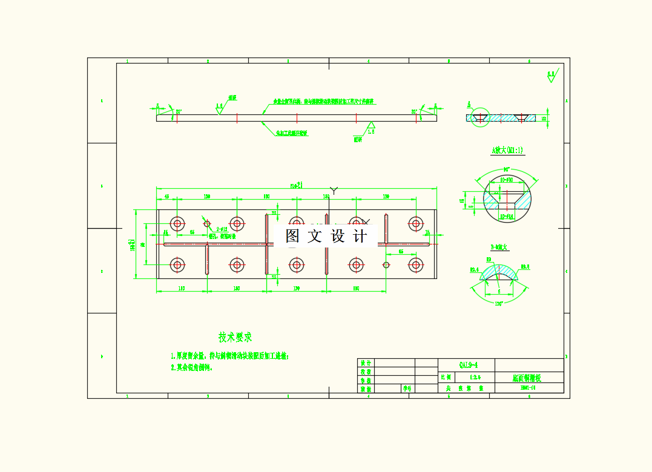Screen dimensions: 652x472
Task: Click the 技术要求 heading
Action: (x=235, y=338)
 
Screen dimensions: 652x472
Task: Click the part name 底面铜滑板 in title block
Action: (x=529, y=378)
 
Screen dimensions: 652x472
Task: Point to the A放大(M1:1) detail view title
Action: (x=508, y=150)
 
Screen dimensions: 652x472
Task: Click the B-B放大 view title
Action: (x=500, y=247)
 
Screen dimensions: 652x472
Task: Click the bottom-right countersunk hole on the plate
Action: (x=415, y=264)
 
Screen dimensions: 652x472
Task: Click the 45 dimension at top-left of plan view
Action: (x=166, y=197)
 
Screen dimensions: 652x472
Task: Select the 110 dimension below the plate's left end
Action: (x=181, y=289)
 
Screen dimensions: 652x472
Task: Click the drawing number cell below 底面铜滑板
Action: (x=529, y=388)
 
